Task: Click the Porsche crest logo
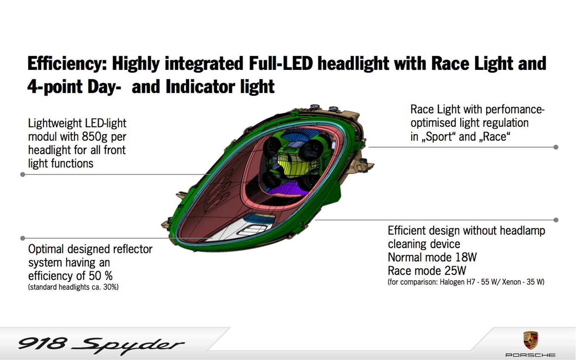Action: click(530, 340)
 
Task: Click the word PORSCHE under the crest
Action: click(530, 355)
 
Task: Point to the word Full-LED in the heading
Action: click(281, 63)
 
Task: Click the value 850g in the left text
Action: click(94, 137)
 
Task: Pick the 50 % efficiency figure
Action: click(101, 276)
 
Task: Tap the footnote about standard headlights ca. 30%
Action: click(73, 287)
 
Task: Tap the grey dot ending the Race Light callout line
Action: click(556, 147)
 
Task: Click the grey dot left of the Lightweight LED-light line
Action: click(23, 175)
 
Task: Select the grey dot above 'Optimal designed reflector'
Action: click(23, 238)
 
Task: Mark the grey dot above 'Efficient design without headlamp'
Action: click(556, 220)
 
